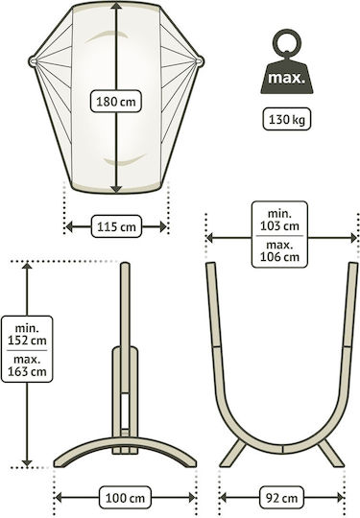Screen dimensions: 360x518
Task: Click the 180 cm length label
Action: pyautogui.click(x=116, y=101)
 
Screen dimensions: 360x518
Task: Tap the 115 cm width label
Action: pyautogui.click(x=116, y=226)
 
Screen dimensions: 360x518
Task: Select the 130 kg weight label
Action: pyautogui.click(x=287, y=119)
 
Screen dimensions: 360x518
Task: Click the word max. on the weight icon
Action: pyautogui.click(x=286, y=79)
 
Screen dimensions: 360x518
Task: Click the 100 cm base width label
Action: pyautogui.click(x=125, y=498)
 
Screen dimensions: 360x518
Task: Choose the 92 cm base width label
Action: pyautogui.click(x=281, y=498)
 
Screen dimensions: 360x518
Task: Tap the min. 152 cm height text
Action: pyautogui.click(x=27, y=335)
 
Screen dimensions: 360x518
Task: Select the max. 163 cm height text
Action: pyautogui.click(x=27, y=366)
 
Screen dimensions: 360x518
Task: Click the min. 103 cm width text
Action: pyautogui.click(x=279, y=220)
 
